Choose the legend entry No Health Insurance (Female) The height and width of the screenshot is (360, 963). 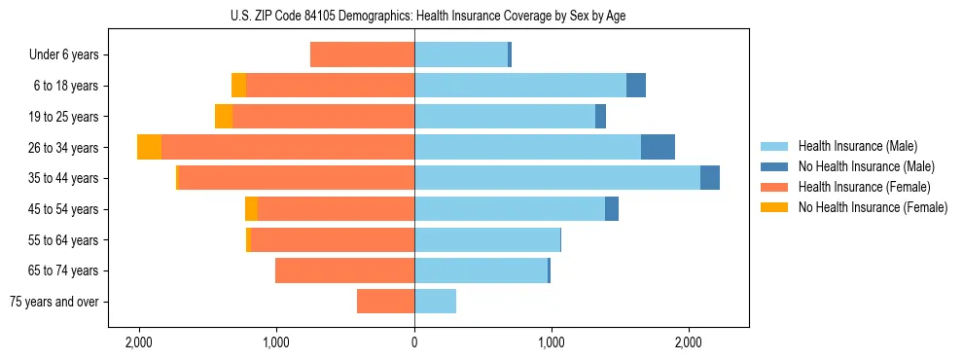coord(873,207)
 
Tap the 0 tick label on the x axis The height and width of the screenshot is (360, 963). coord(414,342)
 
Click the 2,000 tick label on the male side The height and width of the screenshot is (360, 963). coord(689,342)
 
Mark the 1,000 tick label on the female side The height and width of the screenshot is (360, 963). coord(277,342)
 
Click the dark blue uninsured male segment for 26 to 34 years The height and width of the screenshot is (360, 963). coord(658,147)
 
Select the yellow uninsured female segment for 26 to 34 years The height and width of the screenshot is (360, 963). coord(149,147)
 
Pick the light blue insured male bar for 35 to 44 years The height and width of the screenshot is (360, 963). coord(557,178)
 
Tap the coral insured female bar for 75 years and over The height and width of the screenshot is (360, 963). coord(385,302)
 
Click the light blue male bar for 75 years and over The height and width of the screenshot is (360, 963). coord(435,302)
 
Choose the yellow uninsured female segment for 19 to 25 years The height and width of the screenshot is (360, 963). coord(224,117)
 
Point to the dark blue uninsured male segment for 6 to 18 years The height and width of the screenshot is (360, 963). coord(636,86)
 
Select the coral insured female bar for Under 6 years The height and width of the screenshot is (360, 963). coord(362,55)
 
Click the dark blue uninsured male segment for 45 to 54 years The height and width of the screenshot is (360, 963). coord(612,209)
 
